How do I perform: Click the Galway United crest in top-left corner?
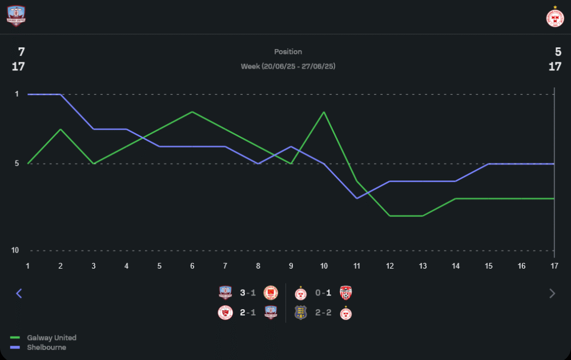click(x=16, y=16)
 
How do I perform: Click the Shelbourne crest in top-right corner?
click(x=554, y=17)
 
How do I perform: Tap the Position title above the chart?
click(x=288, y=52)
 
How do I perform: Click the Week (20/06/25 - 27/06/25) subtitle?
click(x=288, y=66)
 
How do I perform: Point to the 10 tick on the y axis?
click(x=16, y=250)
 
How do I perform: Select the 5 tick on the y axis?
click(x=16, y=163)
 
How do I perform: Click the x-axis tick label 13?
click(x=423, y=266)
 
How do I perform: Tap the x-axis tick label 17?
click(x=554, y=266)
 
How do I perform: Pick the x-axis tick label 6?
click(x=192, y=266)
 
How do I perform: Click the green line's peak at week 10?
click(x=324, y=112)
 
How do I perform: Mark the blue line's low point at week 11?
click(x=357, y=198)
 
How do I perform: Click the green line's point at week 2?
click(x=61, y=129)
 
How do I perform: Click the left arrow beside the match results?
click(x=19, y=293)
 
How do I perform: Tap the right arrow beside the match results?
click(x=552, y=293)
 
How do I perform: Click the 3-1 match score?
click(x=248, y=293)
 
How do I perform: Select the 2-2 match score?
click(x=323, y=313)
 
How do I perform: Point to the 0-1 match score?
click(x=323, y=293)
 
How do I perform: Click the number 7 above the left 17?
click(x=21, y=52)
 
